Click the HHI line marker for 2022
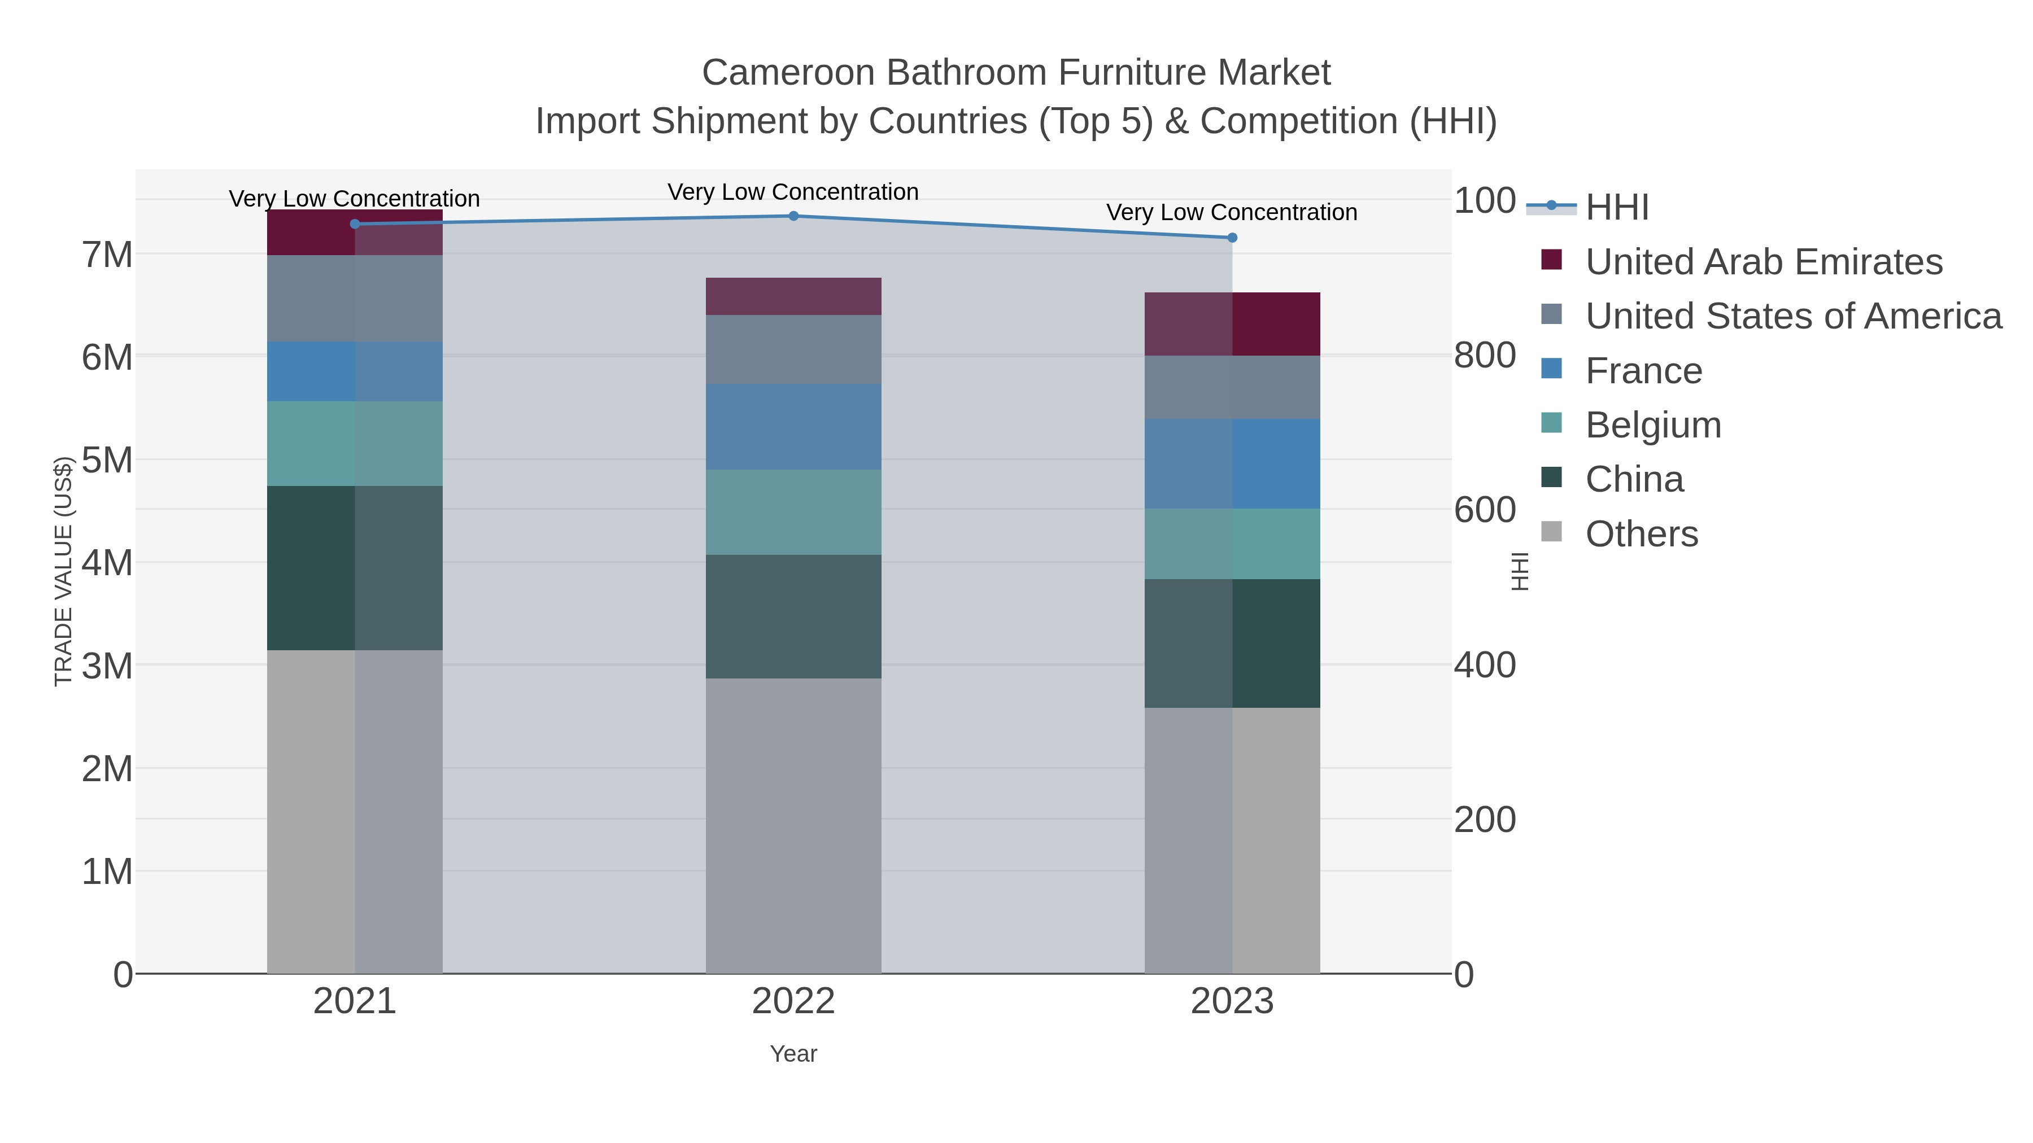tap(793, 216)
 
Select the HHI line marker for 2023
tap(1232, 238)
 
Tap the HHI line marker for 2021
tap(354, 224)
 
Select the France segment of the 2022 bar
tap(793, 427)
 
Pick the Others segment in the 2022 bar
tap(793, 825)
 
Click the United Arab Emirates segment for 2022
tap(793, 296)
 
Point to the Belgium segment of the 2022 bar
tap(793, 512)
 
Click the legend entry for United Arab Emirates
tap(1763, 262)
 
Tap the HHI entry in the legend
tap(1616, 208)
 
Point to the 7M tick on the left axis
tap(107, 255)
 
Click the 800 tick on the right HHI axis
tap(1485, 356)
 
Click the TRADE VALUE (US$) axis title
tap(63, 571)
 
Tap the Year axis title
tap(793, 1054)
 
